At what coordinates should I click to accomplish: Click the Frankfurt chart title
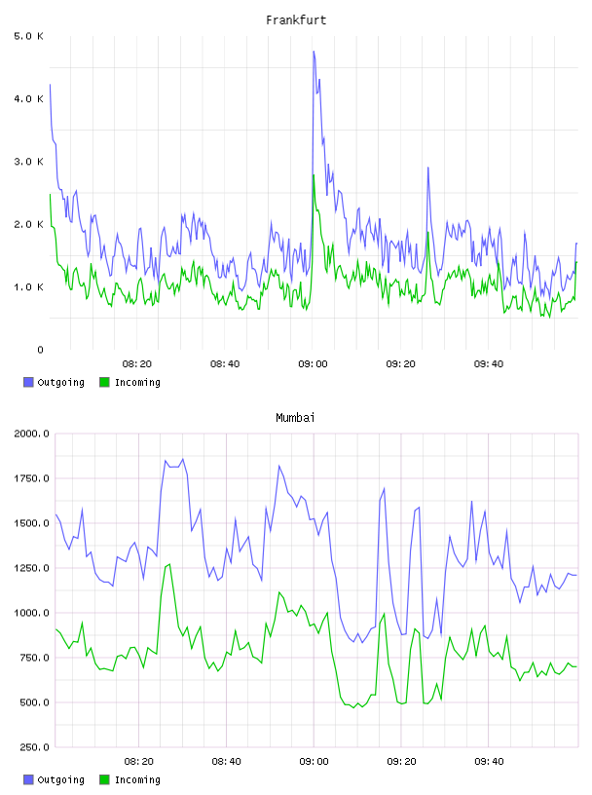click(x=296, y=20)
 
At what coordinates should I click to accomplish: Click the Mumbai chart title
click(x=295, y=418)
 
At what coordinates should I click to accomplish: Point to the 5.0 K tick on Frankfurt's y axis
click(x=28, y=36)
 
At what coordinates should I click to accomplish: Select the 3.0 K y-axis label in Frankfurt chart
click(x=28, y=162)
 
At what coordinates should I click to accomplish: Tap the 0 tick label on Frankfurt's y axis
click(x=40, y=350)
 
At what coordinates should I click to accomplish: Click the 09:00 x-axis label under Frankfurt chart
click(x=313, y=364)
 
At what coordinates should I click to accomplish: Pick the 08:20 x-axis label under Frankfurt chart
click(x=137, y=364)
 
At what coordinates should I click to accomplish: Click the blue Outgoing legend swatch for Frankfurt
click(x=28, y=382)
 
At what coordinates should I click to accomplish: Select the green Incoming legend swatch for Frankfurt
click(x=104, y=382)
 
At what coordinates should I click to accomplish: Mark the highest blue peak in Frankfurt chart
click(x=314, y=52)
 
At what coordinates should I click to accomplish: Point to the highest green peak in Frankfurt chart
click(x=314, y=175)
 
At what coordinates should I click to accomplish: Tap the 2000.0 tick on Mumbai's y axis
click(x=31, y=434)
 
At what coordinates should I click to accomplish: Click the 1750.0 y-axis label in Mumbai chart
click(x=31, y=478)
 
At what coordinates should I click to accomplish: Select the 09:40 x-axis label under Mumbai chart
click(x=489, y=762)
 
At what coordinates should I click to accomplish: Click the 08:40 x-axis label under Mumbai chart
click(x=226, y=762)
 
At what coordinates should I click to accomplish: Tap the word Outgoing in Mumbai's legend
click(x=60, y=779)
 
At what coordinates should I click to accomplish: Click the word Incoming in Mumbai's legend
click(x=137, y=779)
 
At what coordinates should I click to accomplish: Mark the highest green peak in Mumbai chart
click(x=169, y=564)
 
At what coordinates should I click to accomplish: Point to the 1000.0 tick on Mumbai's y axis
click(x=31, y=613)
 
